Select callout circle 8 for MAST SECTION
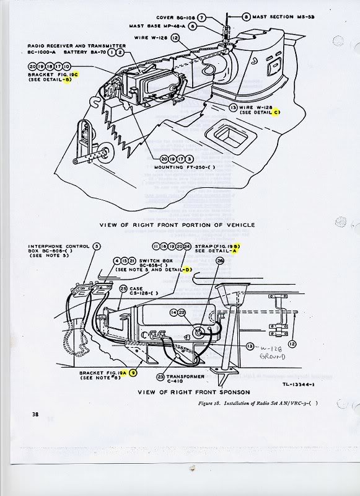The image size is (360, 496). pos(247,17)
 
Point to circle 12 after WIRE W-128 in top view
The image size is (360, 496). pos(176,38)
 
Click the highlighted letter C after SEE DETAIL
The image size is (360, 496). pos(277,112)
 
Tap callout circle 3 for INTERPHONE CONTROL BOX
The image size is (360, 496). pos(97,247)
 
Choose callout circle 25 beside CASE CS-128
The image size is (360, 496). pos(123,289)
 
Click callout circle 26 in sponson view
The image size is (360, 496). pos(219,261)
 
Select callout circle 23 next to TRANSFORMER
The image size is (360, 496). pos(160,376)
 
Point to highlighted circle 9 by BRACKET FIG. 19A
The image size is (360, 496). pos(133,373)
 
